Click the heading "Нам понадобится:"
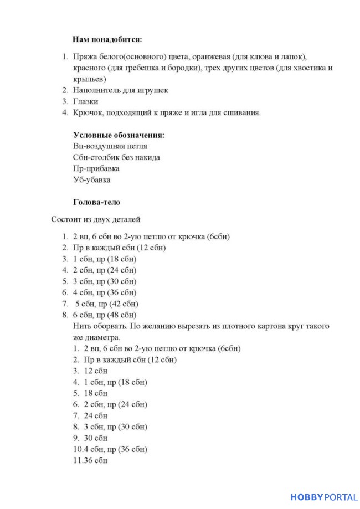[107, 40]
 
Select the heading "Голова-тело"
[96, 202]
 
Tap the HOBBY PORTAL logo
[324, 497]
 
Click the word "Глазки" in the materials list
[85, 101]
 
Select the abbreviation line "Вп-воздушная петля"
[110, 146]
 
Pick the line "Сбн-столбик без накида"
[116, 157]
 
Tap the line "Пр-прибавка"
[96, 168]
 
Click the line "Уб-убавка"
[91, 179]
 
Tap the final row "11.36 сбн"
[90, 460]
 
